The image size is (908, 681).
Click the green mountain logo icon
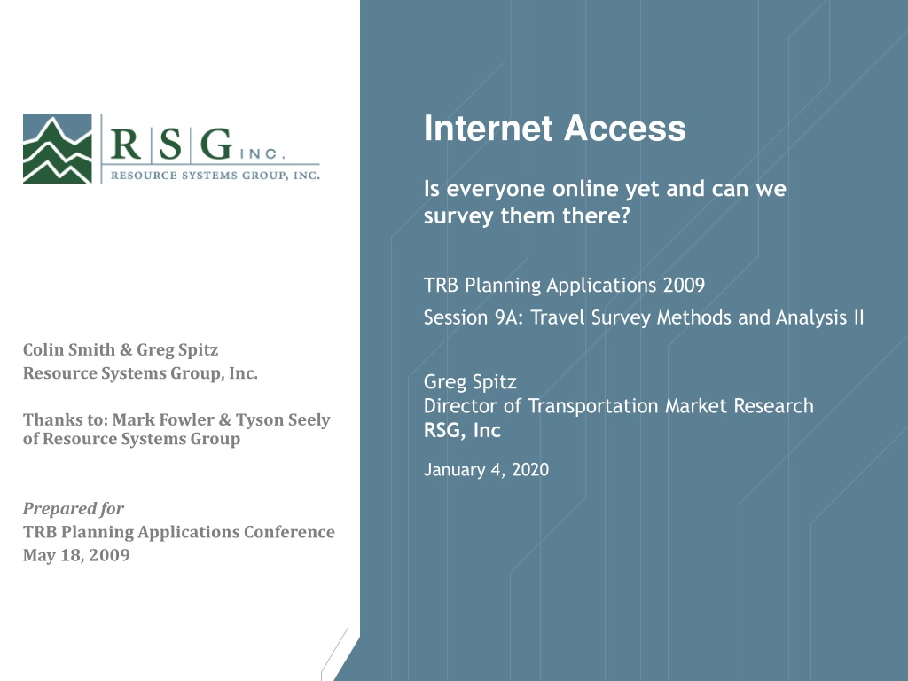[58, 148]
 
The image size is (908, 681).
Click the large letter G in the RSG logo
[216, 144]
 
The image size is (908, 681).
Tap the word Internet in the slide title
[489, 128]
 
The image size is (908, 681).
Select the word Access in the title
[625, 128]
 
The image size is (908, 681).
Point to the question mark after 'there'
[624, 215]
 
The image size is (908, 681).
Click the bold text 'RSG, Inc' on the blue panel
[462, 430]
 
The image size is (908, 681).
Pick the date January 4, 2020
[487, 470]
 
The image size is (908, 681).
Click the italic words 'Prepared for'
[74, 508]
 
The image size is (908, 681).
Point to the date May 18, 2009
[76, 555]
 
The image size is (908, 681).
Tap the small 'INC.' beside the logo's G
[262, 154]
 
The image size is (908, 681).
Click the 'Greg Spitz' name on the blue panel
[470, 382]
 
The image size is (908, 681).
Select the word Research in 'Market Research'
[773, 406]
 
